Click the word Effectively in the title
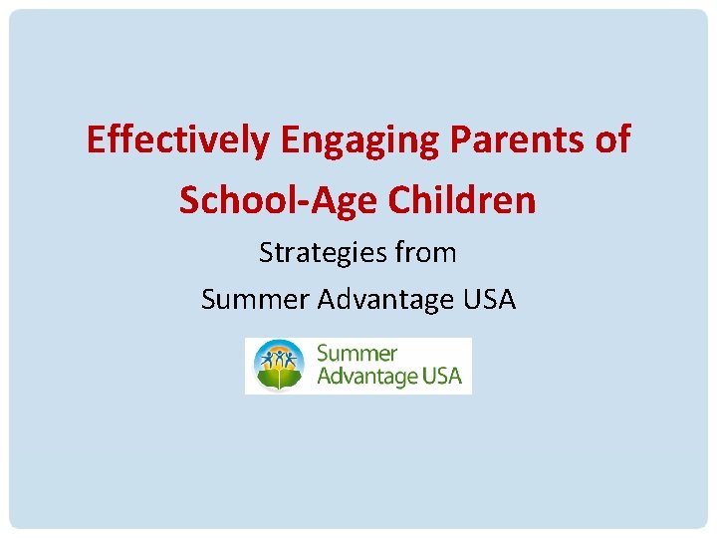177,140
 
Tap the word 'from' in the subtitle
425,253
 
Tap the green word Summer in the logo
357,354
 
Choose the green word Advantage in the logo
367,378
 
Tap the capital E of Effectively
96,140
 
